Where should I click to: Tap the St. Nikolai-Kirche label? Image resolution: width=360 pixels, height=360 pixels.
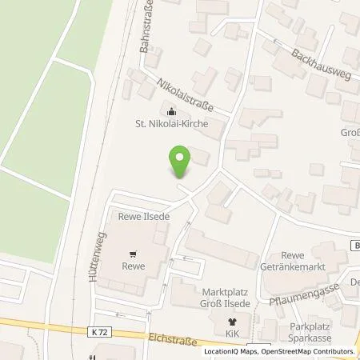(170, 123)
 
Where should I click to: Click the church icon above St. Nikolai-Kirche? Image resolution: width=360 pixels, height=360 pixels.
(170, 110)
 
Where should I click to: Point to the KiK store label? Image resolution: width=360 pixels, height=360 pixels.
(233, 331)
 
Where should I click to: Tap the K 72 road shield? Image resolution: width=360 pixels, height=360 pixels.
(97, 330)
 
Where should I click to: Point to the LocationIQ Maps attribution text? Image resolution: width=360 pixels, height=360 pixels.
(230, 351)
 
